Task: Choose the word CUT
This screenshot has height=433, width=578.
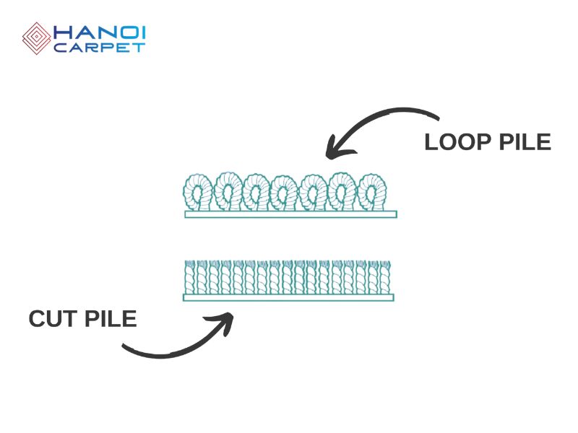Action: pyautogui.click(x=54, y=318)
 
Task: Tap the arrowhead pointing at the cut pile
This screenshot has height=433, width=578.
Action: pyautogui.click(x=226, y=321)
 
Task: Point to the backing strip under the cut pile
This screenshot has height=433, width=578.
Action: pyautogui.click(x=288, y=297)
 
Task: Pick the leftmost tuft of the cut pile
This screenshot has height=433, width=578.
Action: pyautogui.click(x=190, y=277)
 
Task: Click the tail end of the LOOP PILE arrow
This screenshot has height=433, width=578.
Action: pyautogui.click(x=436, y=115)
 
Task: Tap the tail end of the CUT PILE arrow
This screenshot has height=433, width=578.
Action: pyautogui.click(x=124, y=349)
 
